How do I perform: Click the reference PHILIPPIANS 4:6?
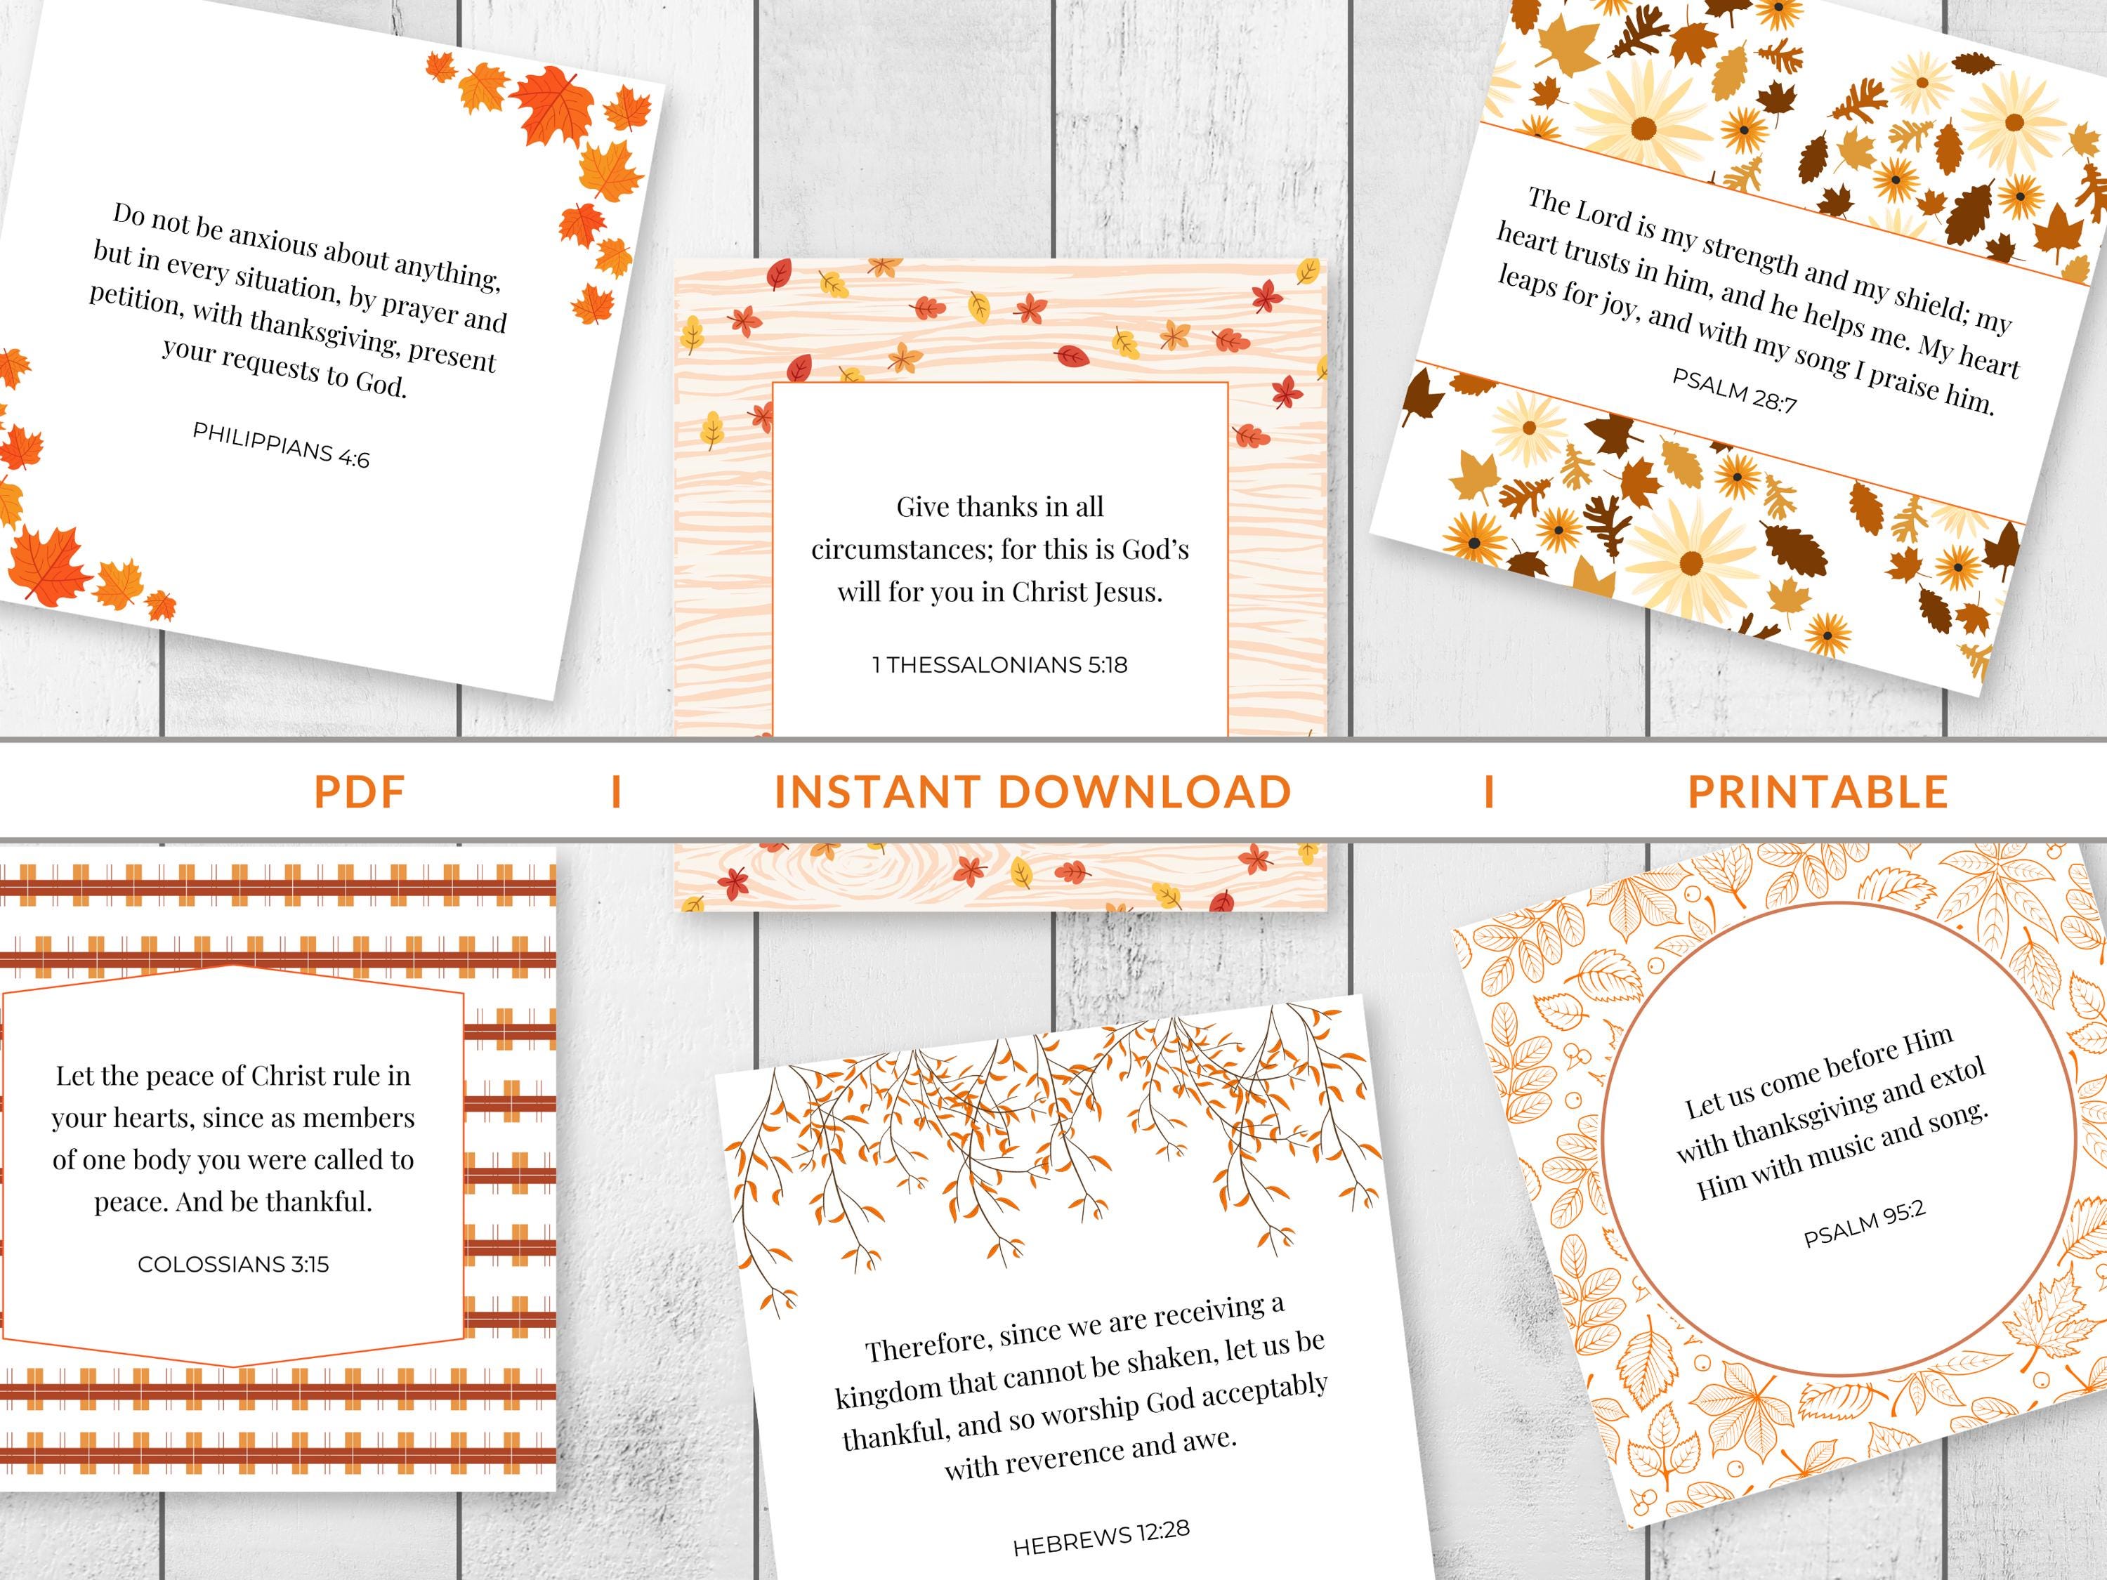coord(280,445)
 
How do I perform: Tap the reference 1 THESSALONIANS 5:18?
coord(999,665)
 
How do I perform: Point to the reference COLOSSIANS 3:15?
coord(233,1264)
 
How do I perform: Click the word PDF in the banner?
coord(360,792)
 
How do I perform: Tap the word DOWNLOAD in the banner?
coord(1144,792)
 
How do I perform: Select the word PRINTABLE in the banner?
coord(1818,792)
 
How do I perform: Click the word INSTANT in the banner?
coord(877,792)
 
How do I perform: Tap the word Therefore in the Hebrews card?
coord(924,1345)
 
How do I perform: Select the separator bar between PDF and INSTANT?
coord(616,792)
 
